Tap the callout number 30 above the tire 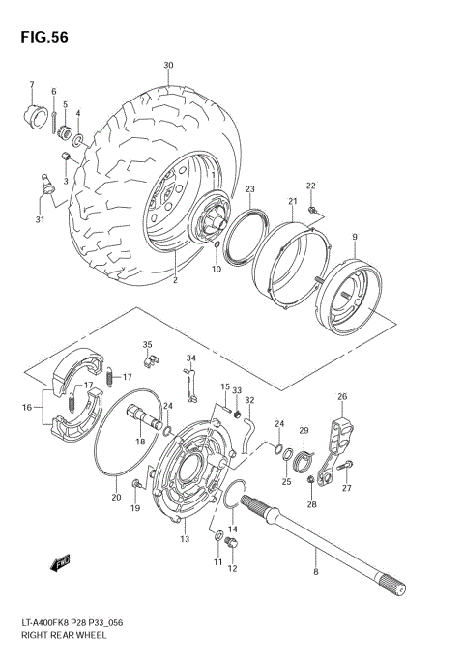point(168,66)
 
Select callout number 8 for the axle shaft point(315,574)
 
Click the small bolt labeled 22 point(311,209)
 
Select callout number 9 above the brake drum point(355,238)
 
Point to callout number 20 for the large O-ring point(116,498)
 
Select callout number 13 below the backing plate point(184,538)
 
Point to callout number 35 point(148,344)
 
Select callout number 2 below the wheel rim point(175,281)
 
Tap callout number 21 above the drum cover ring point(291,202)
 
